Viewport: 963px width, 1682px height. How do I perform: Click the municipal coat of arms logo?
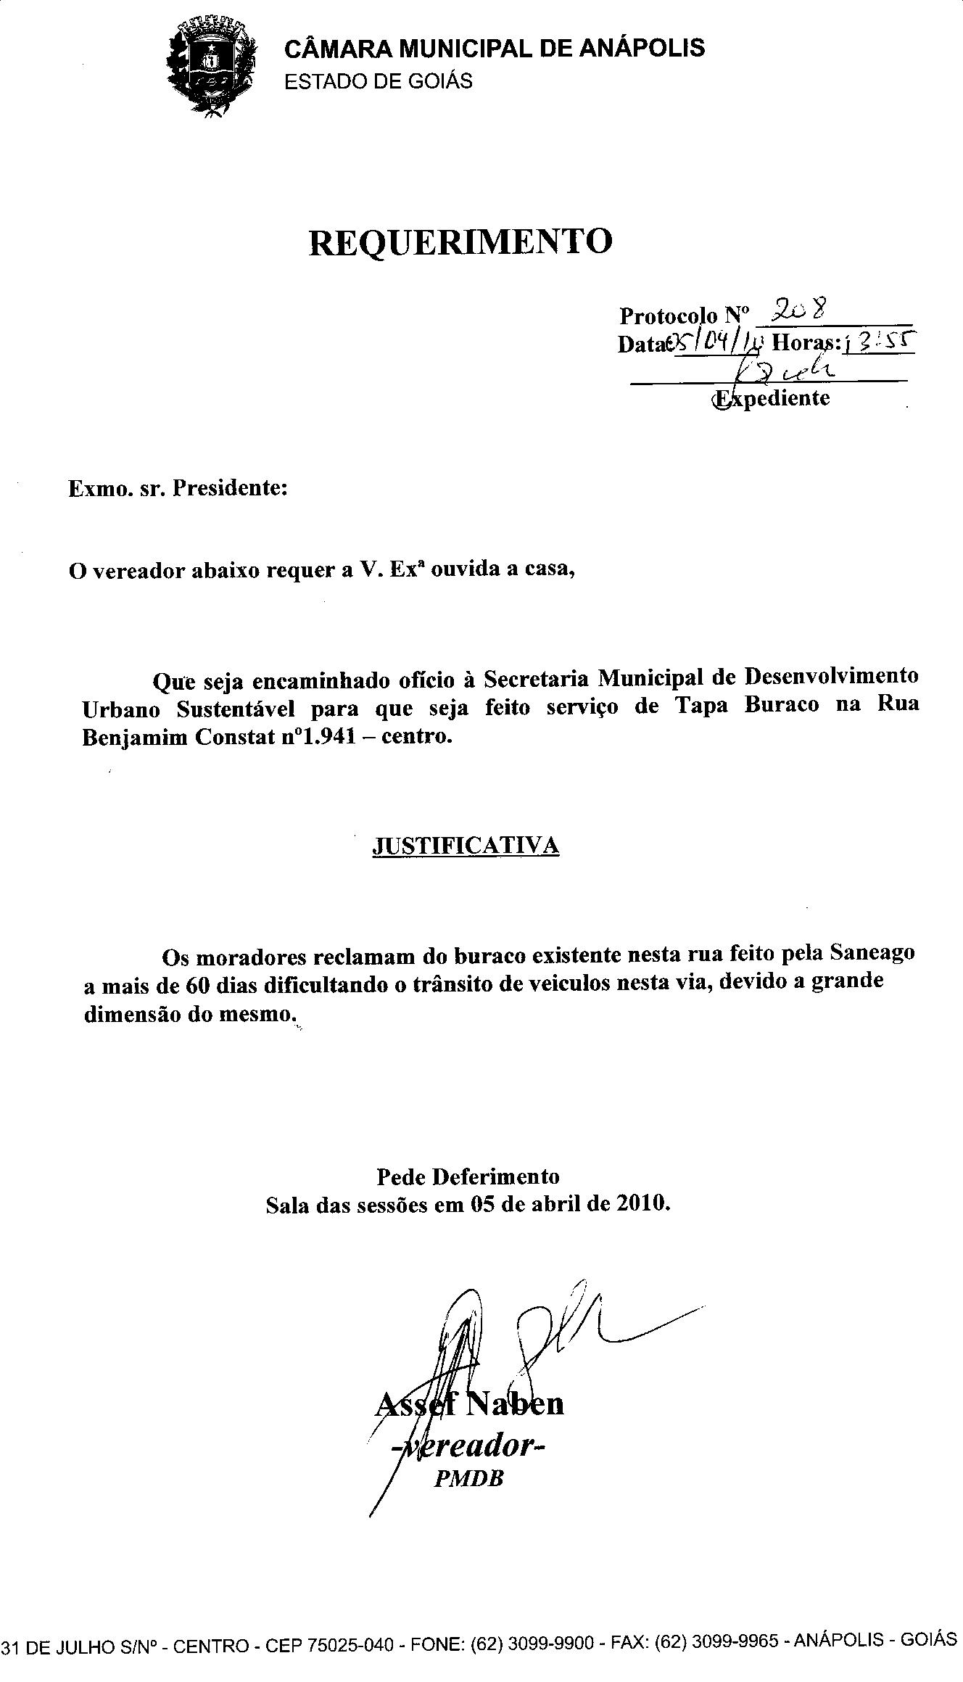(x=212, y=66)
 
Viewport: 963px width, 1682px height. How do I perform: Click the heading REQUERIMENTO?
(x=460, y=242)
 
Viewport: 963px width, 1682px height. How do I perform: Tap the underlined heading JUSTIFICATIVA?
(x=466, y=846)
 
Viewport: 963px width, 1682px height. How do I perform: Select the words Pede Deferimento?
(x=468, y=1176)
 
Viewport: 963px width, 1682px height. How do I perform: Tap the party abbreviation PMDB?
(x=468, y=1479)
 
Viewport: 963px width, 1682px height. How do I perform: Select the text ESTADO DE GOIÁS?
(x=378, y=81)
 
